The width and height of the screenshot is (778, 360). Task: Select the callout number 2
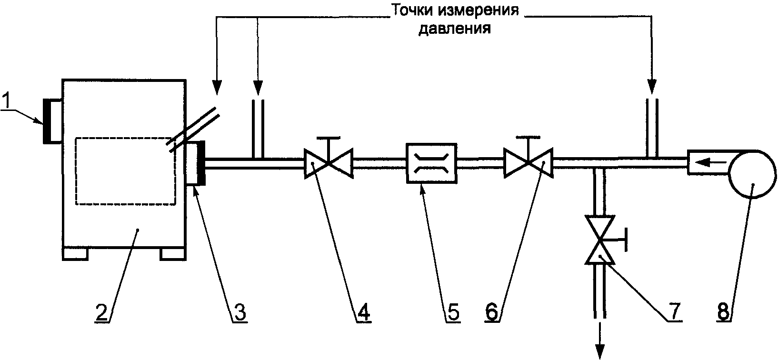(x=101, y=312)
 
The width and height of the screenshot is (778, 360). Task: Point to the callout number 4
(x=363, y=312)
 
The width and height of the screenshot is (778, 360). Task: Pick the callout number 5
(x=453, y=312)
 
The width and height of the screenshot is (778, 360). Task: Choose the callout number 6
(x=492, y=312)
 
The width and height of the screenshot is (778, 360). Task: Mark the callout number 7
(x=675, y=311)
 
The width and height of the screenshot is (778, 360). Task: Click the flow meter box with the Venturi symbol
(x=431, y=163)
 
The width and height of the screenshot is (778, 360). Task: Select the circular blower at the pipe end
(x=752, y=174)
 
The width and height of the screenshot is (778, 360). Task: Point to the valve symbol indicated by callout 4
(x=329, y=159)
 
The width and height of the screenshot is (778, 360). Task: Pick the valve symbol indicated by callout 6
(x=528, y=159)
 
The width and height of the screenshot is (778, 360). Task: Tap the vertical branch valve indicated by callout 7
(x=604, y=240)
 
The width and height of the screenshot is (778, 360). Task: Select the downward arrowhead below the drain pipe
(x=600, y=351)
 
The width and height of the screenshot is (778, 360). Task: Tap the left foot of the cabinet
(x=75, y=254)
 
